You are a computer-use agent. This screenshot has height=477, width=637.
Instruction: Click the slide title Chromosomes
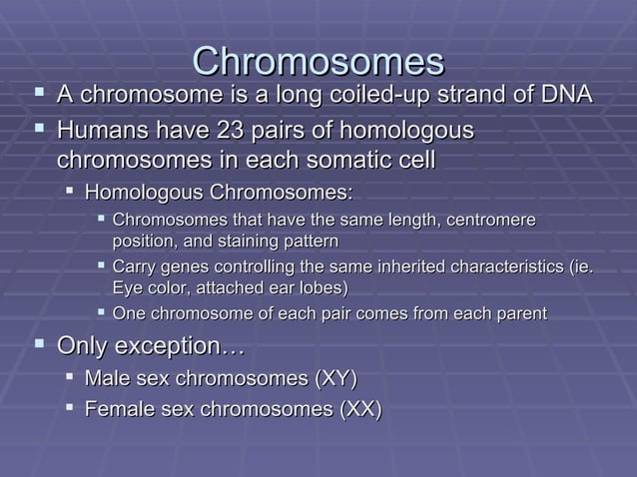tap(318, 61)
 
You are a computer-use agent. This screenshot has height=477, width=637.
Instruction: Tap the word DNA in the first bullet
tap(564, 96)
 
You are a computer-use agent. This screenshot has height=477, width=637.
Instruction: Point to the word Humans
tap(100, 131)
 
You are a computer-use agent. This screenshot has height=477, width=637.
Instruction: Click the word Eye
tap(126, 288)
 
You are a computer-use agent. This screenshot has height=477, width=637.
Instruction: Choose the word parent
tap(519, 314)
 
